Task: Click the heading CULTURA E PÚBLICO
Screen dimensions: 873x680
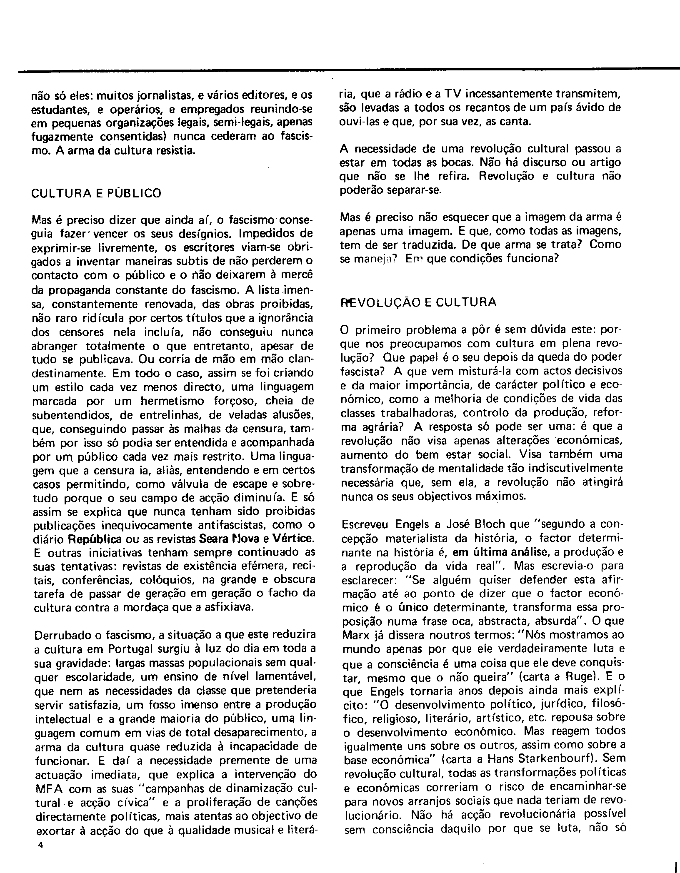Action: pyautogui.click(x=96, y=193)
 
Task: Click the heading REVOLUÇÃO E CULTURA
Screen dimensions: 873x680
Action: pyautogui.click(x=418, y=302)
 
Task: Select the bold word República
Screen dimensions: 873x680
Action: pyautogui.click(x=95, y=539)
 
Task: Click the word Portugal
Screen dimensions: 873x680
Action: pyautogui.click(x=135, y=649)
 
